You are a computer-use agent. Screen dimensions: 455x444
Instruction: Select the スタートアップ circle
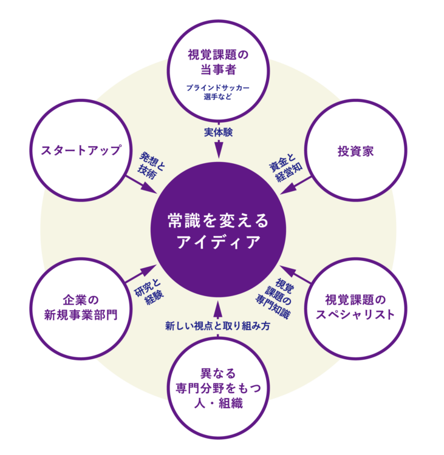pos(81,150)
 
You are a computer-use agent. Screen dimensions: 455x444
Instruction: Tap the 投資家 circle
pos(355,150)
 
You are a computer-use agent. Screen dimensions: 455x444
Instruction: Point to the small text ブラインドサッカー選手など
pos(217,92)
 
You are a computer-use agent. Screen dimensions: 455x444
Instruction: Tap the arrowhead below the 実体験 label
pos(217,152)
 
